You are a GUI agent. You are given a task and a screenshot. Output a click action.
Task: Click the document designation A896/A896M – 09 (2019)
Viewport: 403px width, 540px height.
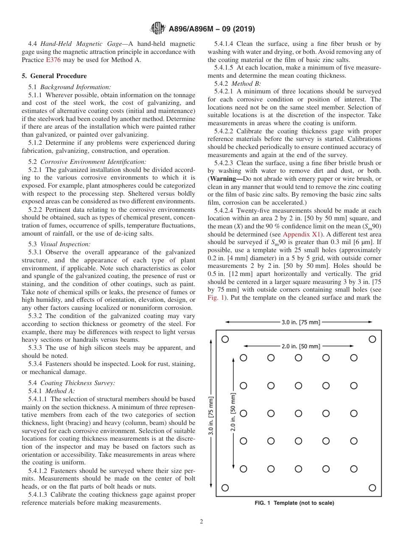212,29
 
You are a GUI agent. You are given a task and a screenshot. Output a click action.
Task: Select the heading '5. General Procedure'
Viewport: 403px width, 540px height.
54,76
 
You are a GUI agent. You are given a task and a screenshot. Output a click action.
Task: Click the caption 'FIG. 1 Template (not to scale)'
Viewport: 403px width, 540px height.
294,503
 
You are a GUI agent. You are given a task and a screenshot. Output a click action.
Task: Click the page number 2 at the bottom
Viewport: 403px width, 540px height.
201,522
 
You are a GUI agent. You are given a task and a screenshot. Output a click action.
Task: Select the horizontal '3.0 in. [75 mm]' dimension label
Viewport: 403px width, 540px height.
301,322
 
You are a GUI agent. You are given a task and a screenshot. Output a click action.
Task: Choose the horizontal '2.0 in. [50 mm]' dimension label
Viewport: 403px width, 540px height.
301,346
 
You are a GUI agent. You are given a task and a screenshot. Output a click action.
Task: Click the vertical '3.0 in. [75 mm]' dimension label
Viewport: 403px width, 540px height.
211,416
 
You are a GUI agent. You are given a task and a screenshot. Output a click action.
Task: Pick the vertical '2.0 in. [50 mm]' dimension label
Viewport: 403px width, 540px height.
233,413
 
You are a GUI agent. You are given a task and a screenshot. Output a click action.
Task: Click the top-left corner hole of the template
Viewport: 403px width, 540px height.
225,339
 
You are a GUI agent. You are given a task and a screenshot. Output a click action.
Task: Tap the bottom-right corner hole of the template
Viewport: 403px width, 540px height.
372,488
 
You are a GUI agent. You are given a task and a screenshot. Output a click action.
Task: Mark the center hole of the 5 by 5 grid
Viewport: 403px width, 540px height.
298,413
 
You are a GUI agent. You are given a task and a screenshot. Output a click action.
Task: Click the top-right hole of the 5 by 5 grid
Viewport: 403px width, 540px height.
353,358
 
